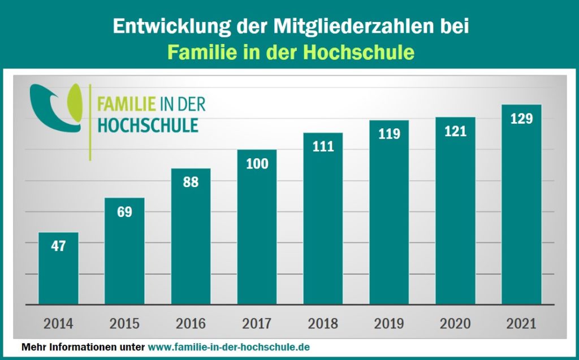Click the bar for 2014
click(x=58, y=268)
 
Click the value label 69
click(x=124, y=212)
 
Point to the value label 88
click(x=191, y=183)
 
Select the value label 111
click(x=323, y=147)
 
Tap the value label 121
click(x=455, y=132)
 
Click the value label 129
click(x=521, y=119)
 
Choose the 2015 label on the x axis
click(x=124, y=324)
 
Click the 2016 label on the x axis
click(x=191, y=324)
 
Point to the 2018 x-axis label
click(x=323, y=324)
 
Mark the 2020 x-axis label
click(x=455, y=324)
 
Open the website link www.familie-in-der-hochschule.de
click(x=229, y=346)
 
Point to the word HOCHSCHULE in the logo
click(x=148, y=125)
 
